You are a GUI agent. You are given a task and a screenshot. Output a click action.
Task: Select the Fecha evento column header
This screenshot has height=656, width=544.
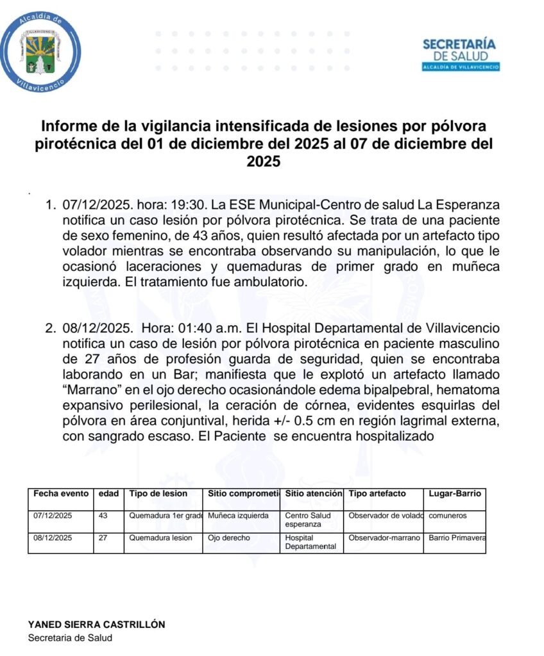coord(60,494)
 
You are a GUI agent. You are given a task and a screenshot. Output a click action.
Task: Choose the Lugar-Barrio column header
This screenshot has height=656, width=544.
coord(454,494)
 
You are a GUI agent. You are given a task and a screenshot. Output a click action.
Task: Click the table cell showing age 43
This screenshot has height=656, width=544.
coord(103,515)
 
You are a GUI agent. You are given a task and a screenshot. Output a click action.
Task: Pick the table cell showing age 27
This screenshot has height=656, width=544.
coord(103,538)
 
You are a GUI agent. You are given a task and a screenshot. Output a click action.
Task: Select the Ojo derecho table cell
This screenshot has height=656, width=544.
coord(229,538)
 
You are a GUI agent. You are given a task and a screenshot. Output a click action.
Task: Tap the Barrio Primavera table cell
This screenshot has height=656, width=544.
coord(457,538)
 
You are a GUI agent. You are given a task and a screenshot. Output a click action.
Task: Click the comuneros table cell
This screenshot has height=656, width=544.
coord(448,515)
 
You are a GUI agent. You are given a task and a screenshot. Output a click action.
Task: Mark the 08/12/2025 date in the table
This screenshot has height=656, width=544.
coord(53,538)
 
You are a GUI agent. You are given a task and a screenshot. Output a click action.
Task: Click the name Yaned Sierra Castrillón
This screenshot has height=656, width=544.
coord(96,624)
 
